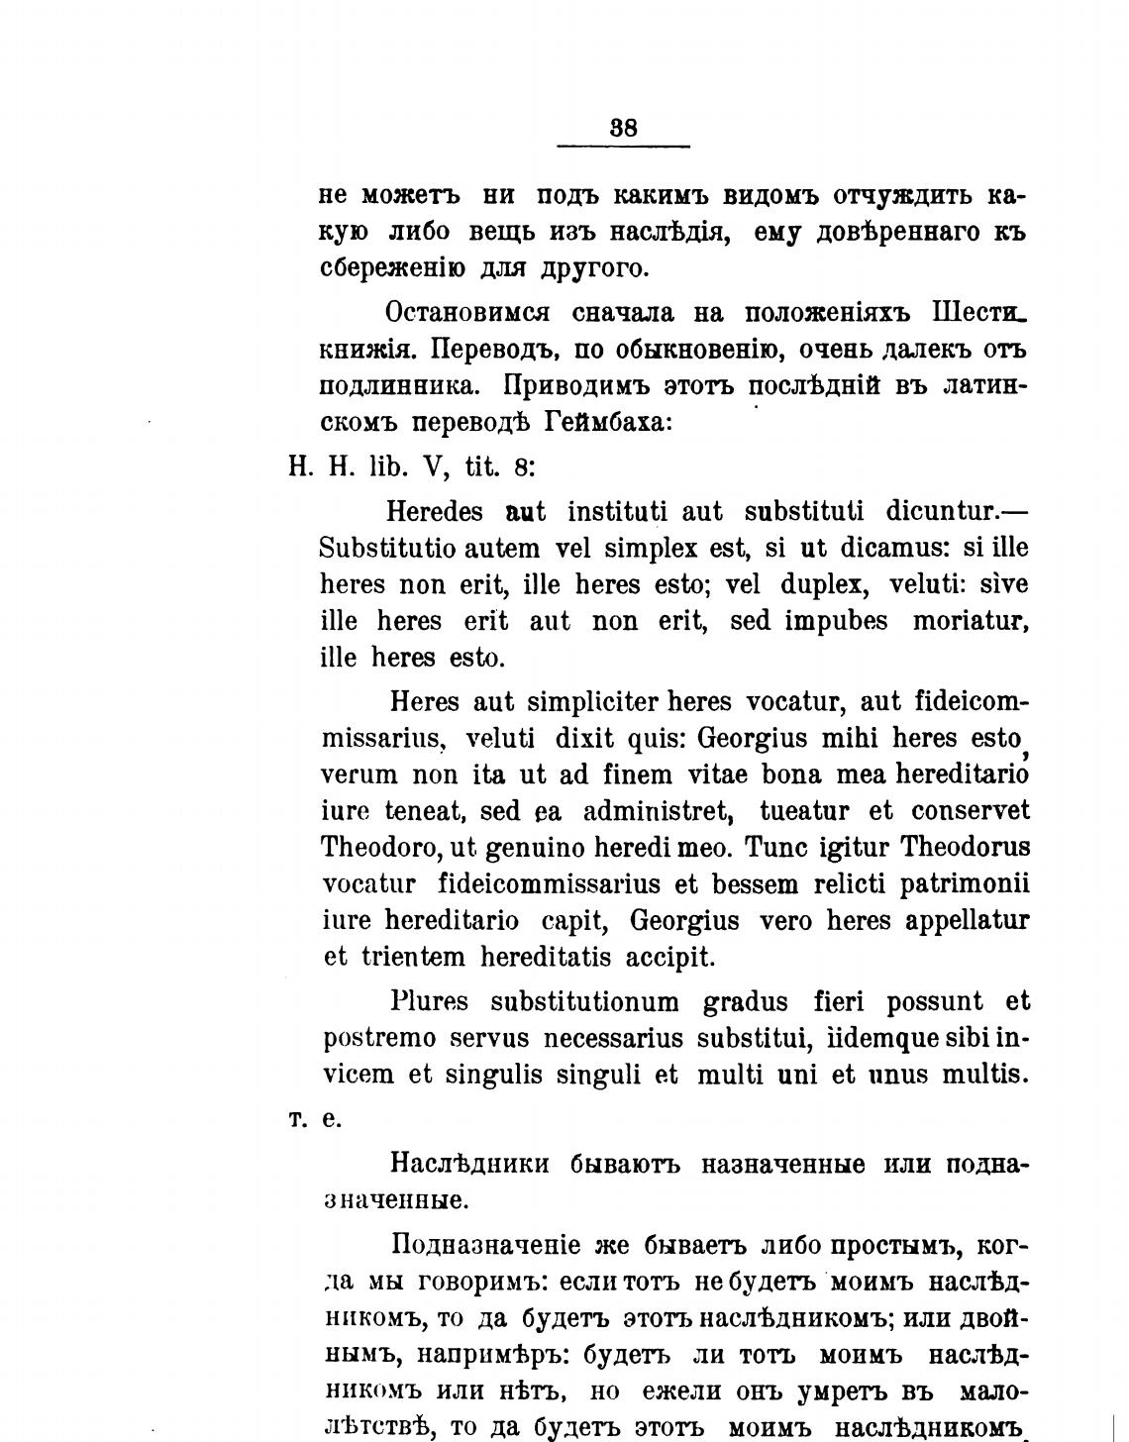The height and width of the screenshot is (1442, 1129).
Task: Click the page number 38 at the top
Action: [x=624, y=128]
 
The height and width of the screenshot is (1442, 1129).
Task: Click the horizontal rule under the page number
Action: [x=624, y=147]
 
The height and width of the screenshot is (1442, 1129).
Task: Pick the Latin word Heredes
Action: [x=435, y=512]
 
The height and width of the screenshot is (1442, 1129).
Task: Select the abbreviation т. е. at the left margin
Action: [x=315, y=1119]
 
